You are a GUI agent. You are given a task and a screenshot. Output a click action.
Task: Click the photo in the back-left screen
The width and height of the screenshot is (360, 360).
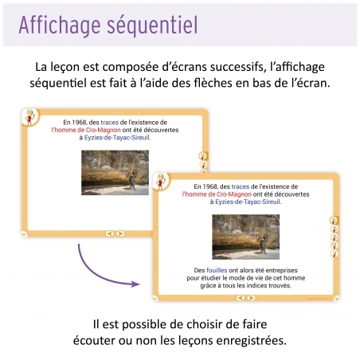[115, 172]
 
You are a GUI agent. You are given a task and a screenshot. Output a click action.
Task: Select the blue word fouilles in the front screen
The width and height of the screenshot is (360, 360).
[217, 270]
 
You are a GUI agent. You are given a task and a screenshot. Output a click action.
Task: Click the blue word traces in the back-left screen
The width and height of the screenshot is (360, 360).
[110, 122]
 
